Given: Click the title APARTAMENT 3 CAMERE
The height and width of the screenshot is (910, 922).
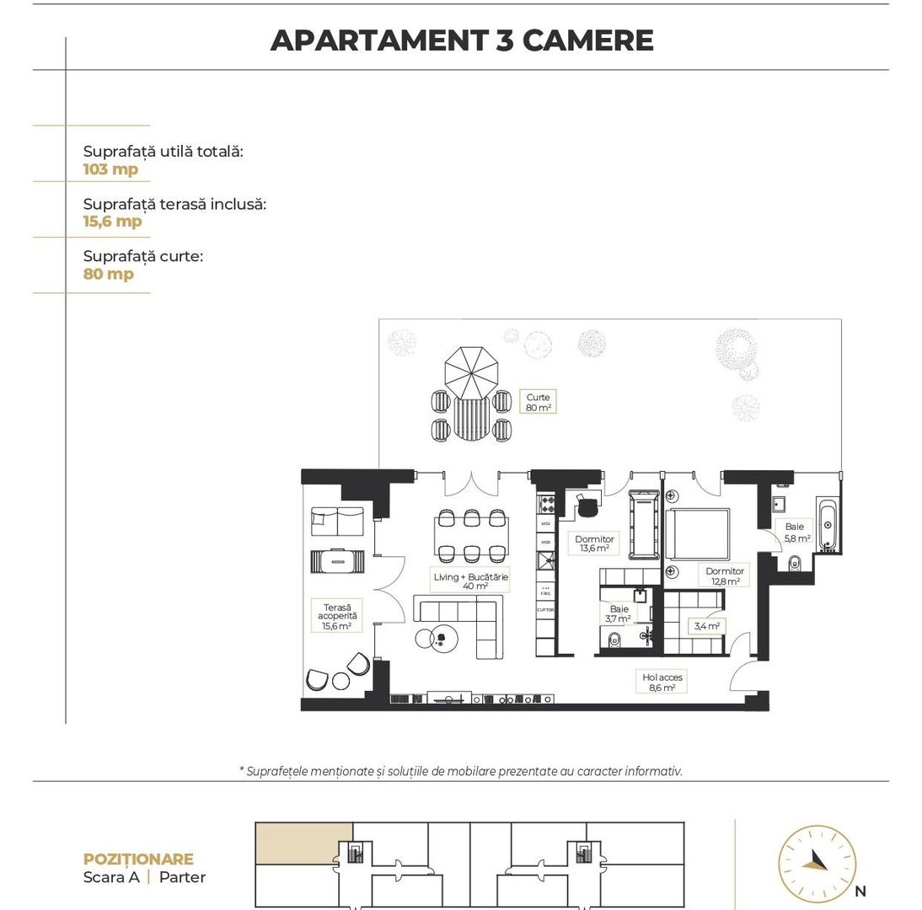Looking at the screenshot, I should coord(461,40).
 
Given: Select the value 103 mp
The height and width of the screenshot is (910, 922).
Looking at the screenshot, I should coord(110,169).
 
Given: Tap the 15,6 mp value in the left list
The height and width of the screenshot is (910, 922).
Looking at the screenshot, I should coord(112,222).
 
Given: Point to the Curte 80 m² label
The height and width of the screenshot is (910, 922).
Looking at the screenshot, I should coord(539,402).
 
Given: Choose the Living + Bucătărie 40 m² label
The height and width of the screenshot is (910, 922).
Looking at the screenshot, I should coord(471,581).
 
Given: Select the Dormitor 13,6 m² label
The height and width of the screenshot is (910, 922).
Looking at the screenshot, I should coord(594,543).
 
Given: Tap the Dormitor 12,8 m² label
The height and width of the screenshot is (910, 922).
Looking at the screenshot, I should coord(724,575).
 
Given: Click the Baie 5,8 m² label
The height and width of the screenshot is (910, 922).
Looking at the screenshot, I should coord(796,533).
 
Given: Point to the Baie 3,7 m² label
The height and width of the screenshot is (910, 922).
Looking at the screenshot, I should coord(619,613).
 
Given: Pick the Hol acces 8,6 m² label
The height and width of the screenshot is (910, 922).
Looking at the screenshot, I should coord(662,682).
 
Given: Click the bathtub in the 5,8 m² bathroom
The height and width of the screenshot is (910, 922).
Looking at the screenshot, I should coord(827,525).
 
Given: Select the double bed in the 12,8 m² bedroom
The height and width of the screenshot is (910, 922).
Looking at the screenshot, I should coord(698,533).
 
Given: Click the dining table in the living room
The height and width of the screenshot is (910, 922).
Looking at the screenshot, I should coord(471,535).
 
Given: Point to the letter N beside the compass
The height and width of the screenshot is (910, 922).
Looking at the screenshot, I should coord(860,891).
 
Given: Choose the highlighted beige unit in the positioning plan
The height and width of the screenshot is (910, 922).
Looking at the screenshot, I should coord(303,843).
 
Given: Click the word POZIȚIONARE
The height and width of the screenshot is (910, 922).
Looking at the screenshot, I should coord(138,859).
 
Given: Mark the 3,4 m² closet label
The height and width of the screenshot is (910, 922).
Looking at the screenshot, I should coord(706,626).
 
